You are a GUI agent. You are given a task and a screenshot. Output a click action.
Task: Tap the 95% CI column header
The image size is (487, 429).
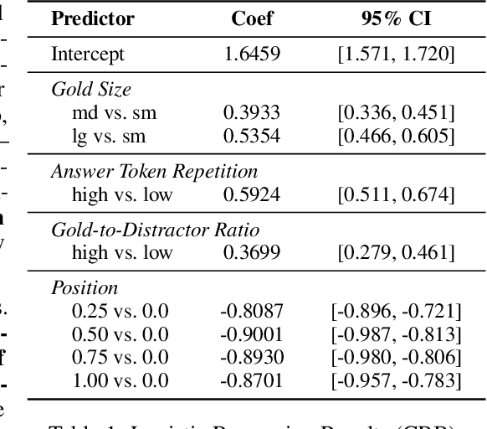tap(396, 18)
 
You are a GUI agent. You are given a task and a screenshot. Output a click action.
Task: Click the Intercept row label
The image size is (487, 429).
tap(87, 54)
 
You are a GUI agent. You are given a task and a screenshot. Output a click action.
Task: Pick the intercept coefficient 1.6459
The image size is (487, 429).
tap(252, 54)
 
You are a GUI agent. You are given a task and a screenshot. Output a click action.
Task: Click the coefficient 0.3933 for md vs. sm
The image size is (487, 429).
tap(252, 112)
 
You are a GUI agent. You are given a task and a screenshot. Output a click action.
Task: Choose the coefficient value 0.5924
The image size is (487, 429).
tap(252, 194)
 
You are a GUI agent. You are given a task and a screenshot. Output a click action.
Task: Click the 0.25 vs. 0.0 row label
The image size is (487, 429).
tap(120, 312)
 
